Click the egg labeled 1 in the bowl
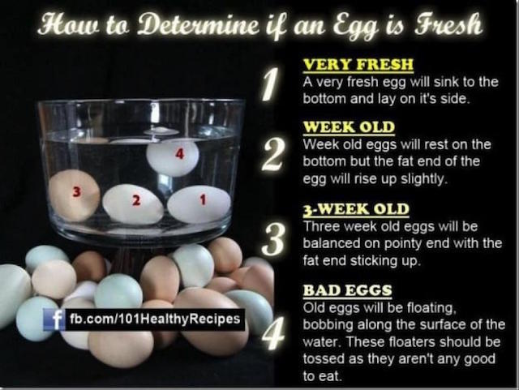coord(199,204)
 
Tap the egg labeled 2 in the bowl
coord(133,204)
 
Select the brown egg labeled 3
coord(74,195)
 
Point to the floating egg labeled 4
coord(173,157)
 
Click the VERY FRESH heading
coord(358,65)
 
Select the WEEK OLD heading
coord(350,127)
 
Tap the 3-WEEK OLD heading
coord(356,209)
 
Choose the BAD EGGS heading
coord(348,290)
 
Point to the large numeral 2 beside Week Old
coord(272,155)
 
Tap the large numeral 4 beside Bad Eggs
coord(273,332)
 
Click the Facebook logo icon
coord(54,319)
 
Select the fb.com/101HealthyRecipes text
coord(155,319)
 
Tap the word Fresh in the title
coord(448,24)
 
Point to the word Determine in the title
coord(198,24)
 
